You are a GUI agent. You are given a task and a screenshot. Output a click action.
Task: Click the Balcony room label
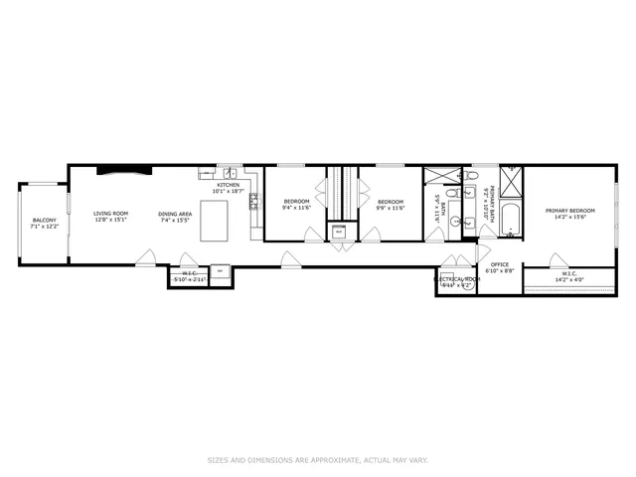(45, 220)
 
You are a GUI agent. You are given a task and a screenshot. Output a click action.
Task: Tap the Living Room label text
(111, 214)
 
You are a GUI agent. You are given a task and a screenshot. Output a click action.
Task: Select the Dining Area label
(175, 214)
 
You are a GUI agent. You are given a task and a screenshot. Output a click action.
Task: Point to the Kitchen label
(229, 186)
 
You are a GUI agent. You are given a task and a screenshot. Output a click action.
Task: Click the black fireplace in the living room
(124, 169)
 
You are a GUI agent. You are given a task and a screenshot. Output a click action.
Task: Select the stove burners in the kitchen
(253, 203)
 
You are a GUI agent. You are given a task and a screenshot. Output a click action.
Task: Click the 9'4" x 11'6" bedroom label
(297, 208)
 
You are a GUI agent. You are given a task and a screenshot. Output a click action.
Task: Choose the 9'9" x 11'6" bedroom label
(391, 208)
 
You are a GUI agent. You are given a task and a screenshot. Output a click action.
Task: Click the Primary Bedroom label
(569, 211)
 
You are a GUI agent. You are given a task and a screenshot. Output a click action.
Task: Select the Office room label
(499, 264)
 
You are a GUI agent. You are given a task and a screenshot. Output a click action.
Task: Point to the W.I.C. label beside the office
(569, 273)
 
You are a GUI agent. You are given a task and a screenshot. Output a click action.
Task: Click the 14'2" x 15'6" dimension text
(569, 218)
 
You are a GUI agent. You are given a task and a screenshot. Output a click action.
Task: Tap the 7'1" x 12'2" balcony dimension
(45, 227)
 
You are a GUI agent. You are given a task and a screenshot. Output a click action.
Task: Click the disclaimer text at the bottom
(318, 460)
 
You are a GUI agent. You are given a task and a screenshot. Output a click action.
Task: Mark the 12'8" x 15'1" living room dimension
(111, 220)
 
